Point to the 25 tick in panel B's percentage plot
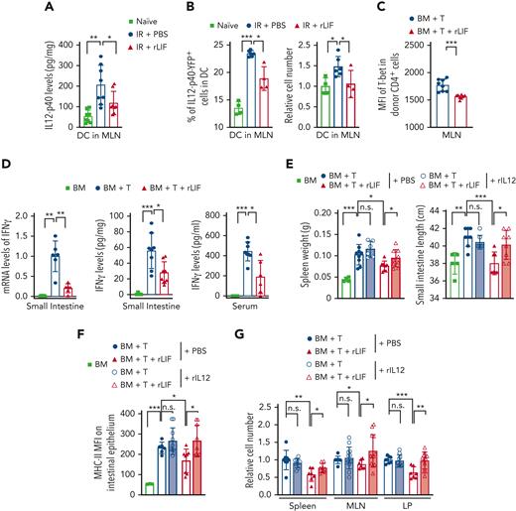(203, 47)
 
